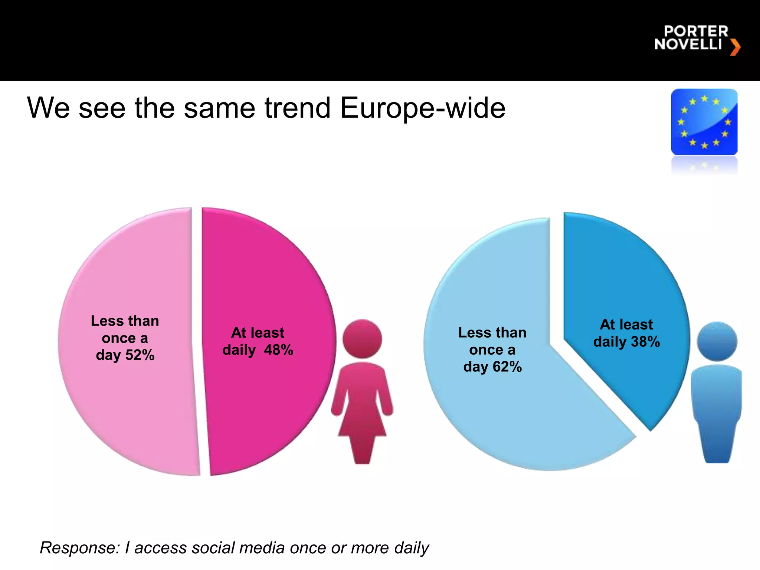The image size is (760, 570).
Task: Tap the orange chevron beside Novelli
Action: [735, 47]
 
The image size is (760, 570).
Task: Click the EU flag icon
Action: [704, 122]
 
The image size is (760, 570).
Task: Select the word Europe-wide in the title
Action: [423, 108]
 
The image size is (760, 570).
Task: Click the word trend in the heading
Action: [297, 108]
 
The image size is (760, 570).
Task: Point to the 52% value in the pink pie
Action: [140, 356]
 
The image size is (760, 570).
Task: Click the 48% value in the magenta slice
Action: [279, 350]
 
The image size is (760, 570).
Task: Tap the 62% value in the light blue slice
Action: [507, 367]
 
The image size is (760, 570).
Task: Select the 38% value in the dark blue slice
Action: [645, 342]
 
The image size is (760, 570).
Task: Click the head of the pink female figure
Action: [362, 339]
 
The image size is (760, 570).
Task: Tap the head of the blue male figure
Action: [717, 341]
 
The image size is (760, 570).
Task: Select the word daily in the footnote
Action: [412, 548]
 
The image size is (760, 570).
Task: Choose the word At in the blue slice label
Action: [607, 325]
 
